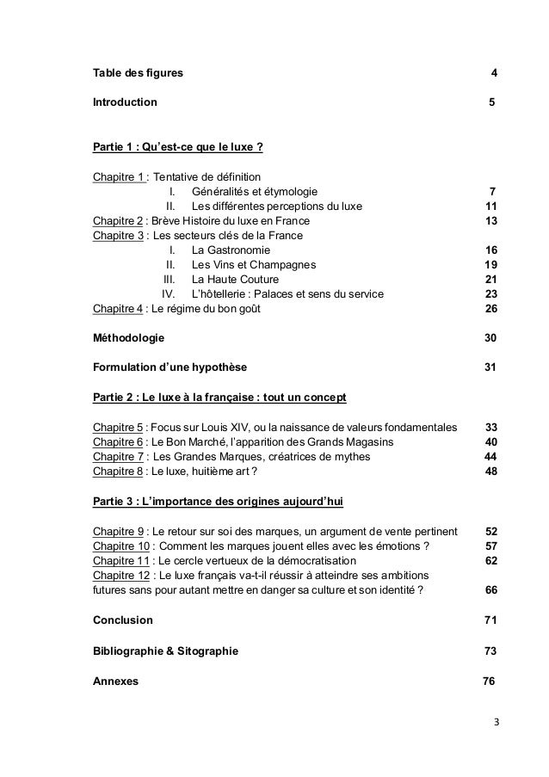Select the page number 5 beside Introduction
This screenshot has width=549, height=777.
(490, 102)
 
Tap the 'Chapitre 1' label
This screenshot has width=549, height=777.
(119, 176)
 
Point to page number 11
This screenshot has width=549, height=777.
(491, 206)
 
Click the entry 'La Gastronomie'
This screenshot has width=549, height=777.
(231, 250)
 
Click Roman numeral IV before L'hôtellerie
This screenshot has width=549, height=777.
(169, 293)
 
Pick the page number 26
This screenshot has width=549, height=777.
(491, 308)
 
